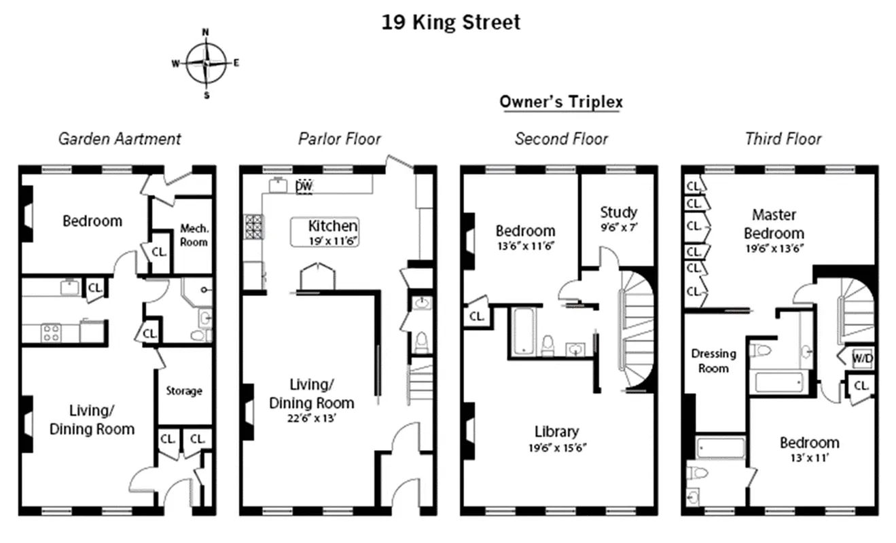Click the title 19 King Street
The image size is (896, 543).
pyautogui.click(x=450, y=22)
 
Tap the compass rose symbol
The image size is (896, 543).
pyautogui.click(x=207, y=63)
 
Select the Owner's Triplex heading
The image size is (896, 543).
pyautogui.click(x=560, y=102)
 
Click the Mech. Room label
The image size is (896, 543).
pyautogui.click(x=194, y=235)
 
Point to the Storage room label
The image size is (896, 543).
pyautogui.click(x=184, y=391)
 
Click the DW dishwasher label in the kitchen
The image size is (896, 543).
pyautogui.click(x=304, y=185)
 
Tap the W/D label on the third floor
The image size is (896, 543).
pyautogui.click(x=862, y=358)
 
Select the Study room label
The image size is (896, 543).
pyautogui.click(x=618, y=212)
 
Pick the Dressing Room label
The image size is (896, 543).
pyautogui.click(x=714, y=361)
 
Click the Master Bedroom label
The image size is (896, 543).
pyautogui.click(x=774, y=224)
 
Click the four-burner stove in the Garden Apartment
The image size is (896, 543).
pyautogui.click(x=50, y=333)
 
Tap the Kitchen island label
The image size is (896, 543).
pyautogui.click(x=332, y=226)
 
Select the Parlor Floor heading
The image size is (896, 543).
pyautogui.click(x=340, y=139)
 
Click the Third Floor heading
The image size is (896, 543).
pyautogui.click(x=783, y=139)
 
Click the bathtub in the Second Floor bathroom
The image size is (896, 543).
pyautogui.click(x=524, y=331)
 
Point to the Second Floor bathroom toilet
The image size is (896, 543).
pyautogui.click(x=548, y=345)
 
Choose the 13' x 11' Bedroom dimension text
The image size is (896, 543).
pyautogui.click(x=808, y=458)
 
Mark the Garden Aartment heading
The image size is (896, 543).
pyautogui.click(x=120, y=139)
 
